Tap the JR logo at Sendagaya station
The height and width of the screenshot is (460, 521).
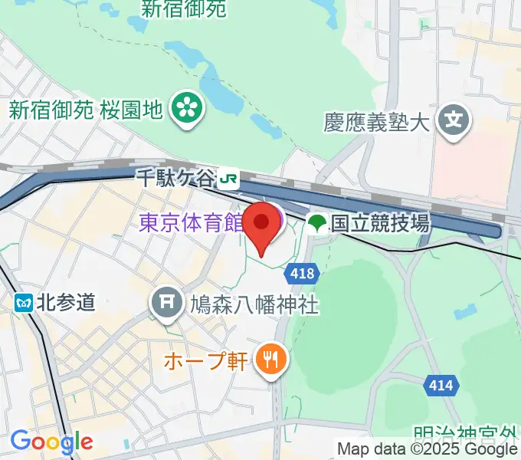(x=228, y=179)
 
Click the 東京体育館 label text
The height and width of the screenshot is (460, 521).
(x=191, y=223)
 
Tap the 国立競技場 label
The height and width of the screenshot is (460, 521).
(x=379, y=223)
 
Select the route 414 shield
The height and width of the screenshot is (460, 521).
(x=442, y=385)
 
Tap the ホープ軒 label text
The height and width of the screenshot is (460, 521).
(x=206, y=360)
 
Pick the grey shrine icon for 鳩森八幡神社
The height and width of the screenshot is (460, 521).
(x=166, y=304)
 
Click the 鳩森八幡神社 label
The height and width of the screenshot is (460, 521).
(x=253, y=305)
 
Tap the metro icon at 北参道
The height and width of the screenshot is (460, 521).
(x=24, y=302)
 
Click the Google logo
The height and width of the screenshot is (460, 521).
(x=51, y=442)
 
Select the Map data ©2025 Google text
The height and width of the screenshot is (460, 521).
(x=428, y=449)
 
